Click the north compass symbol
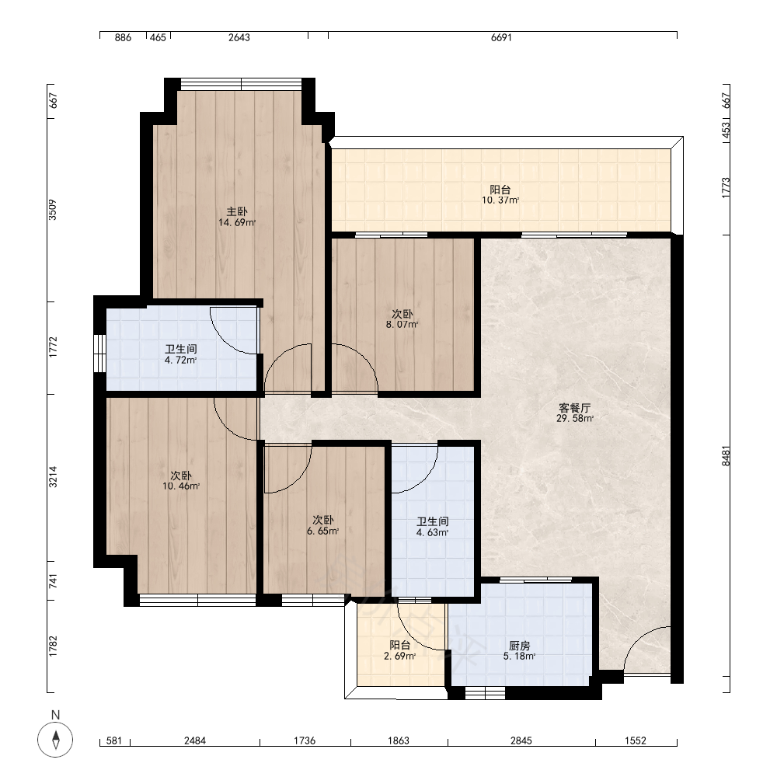pos(55,740)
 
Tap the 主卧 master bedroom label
pos(237,211)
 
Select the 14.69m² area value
pos(237,222)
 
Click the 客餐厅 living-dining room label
pos(575,408)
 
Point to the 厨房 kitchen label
pos(519,646)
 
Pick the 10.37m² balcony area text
pos(500,200)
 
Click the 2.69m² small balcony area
pos(400,656)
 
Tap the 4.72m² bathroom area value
pos(181,360)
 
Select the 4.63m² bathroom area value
pos(433,533)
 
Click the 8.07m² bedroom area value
pos(402,325)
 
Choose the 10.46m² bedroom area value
pos(181,486)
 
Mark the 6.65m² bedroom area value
pos(323,531)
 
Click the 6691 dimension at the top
pos(501,37)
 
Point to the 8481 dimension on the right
pos(726,456)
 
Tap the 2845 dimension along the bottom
pos(521,740)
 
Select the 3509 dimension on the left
pos(53,210)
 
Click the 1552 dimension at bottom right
pos(636,740)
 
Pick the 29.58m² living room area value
pos(575,418)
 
